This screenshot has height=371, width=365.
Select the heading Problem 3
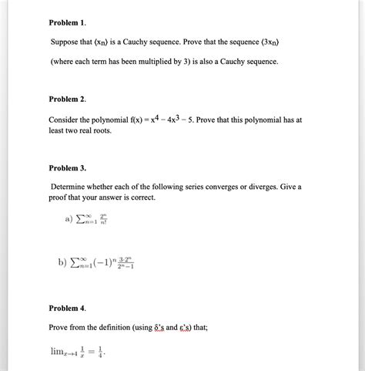click(68, 167)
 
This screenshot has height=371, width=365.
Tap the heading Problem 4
click(68, 308)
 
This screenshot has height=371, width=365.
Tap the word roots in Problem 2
click(101, 131)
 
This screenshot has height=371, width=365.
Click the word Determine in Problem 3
click(75, 187)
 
